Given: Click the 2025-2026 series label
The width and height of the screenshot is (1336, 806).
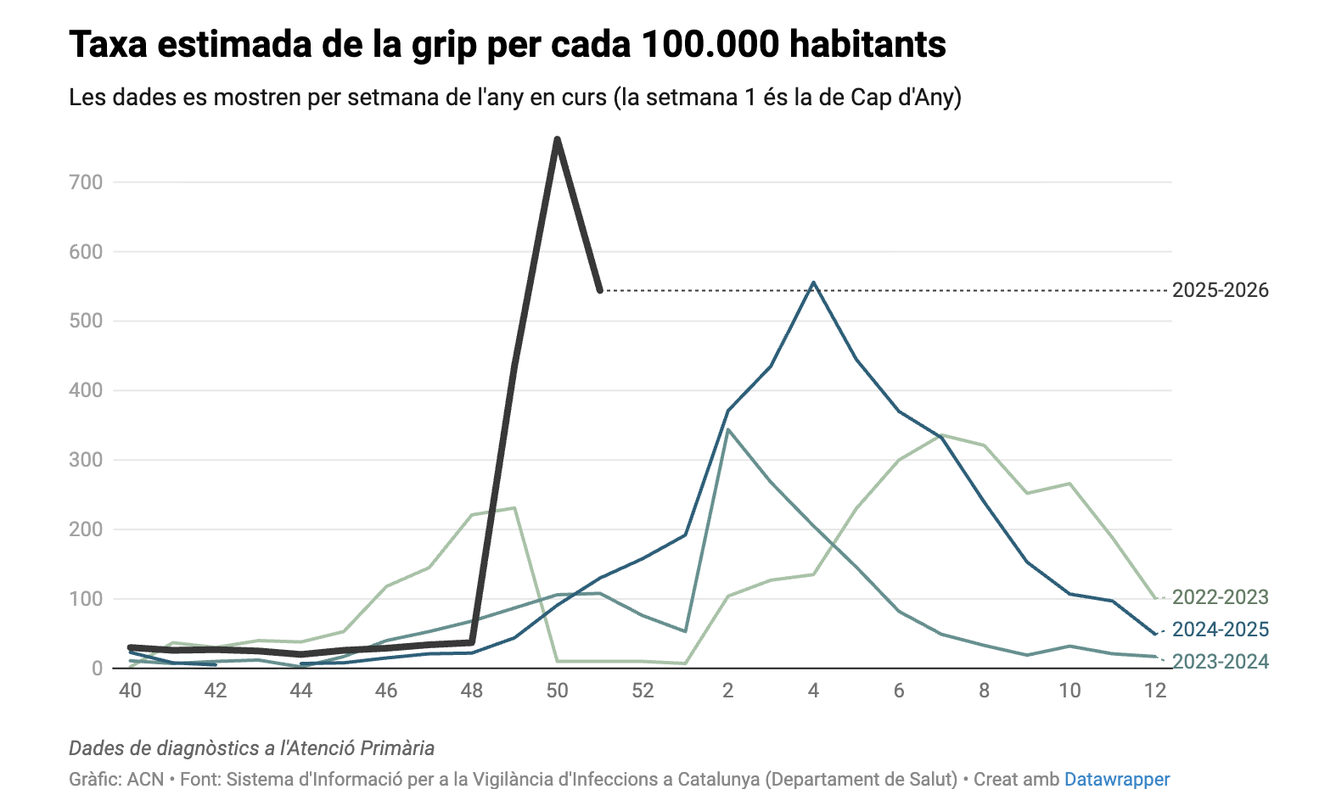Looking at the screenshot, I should point(1220,290).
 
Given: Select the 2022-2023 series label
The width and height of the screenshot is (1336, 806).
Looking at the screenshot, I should point(1220,597).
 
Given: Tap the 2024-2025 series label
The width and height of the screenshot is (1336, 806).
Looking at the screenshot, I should point(1220,630).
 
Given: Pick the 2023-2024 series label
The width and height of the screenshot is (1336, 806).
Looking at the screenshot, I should point(1220,662).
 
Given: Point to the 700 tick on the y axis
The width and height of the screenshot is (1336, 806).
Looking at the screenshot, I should point(86,182).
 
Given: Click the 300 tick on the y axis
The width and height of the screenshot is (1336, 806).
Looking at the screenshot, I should point(86,460).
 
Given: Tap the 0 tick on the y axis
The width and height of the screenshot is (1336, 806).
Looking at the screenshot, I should point(97,669).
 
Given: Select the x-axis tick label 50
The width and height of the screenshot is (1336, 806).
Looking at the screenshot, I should point(557,691).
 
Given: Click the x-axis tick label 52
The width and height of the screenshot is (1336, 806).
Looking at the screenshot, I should point(643,691).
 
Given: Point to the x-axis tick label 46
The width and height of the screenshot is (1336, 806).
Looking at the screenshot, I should point(386,691).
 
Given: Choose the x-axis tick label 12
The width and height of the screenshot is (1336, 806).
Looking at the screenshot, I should point(1155,691).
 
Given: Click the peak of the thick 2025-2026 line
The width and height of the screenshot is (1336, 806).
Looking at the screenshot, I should point(557,139).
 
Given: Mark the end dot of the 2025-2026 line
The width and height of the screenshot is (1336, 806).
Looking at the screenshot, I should point(600,291).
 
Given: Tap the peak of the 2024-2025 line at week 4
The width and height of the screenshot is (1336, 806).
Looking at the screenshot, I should point(813,283).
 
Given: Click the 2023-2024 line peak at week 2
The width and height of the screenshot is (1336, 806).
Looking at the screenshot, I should point(728,430).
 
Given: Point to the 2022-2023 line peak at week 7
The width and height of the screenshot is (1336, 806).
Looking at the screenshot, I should point(942,435).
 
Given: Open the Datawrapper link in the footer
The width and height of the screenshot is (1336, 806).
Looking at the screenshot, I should point(1117,779).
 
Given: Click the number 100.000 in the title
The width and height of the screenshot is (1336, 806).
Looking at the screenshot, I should point(710,44).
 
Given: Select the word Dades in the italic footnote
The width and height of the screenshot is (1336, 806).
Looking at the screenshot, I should point(95,748).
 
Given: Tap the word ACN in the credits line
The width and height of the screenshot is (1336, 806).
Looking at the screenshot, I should point(145,779).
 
